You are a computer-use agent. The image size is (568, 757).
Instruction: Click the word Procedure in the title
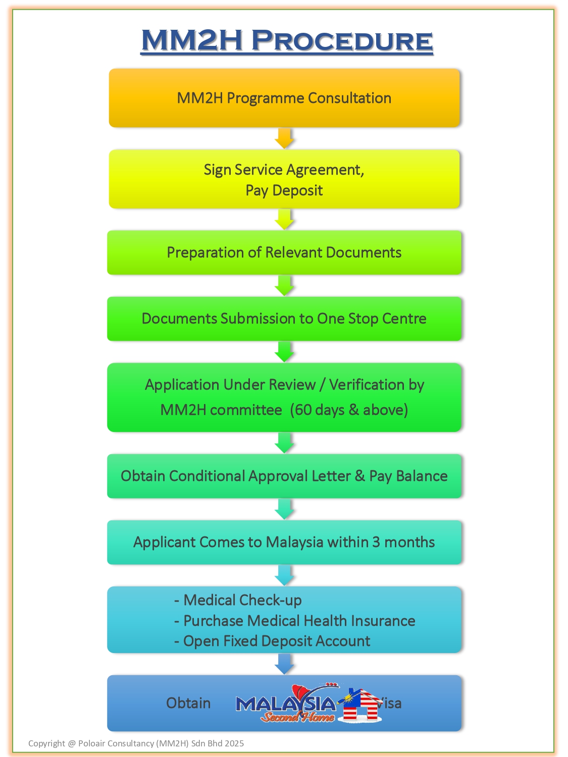point(342,40)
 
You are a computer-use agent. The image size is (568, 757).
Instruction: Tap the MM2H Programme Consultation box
point(284,98)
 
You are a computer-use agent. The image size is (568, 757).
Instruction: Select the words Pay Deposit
point(284,191)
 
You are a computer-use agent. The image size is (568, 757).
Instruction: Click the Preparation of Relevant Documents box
point(284,252)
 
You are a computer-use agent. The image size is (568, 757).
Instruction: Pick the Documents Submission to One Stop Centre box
point(284,318)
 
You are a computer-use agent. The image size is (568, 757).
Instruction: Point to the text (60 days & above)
point(349,409)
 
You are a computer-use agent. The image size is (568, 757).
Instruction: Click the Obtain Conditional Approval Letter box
point(284,476)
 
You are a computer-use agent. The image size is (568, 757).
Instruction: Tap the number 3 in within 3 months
point(376,542)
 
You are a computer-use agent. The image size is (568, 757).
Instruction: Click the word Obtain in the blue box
point(188,703)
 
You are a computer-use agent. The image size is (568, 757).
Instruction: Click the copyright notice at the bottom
point(136,743)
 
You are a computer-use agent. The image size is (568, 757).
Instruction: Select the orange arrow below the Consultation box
point(284,138)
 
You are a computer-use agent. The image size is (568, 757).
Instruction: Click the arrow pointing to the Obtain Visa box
point(284,664)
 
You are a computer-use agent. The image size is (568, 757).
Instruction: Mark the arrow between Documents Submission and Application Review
point(284,352)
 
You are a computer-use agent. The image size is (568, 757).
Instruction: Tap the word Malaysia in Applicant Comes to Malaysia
point(294,542)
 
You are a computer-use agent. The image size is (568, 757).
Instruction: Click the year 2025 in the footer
point(234,743)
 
